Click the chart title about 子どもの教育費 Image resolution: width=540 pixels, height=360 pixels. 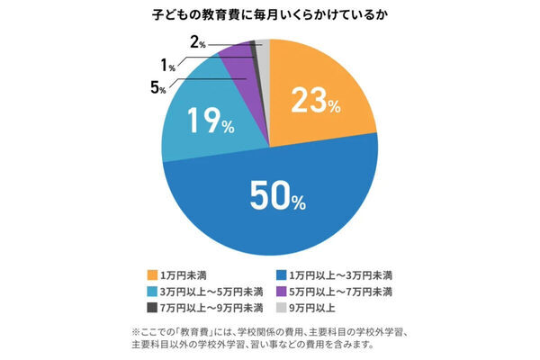click(x=269, y=15)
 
